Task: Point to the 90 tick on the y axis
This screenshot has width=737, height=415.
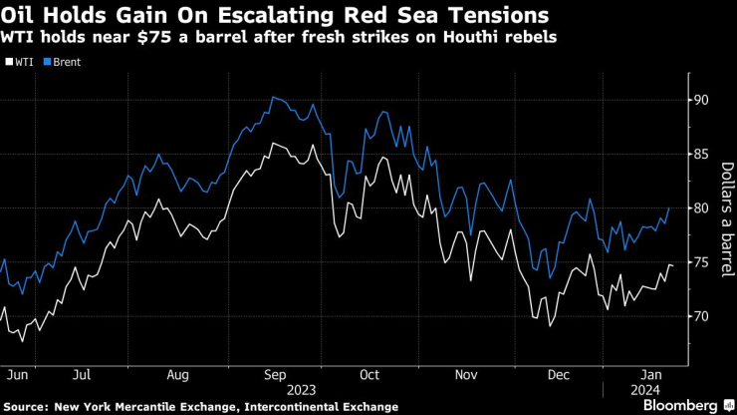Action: (x=701, y=100)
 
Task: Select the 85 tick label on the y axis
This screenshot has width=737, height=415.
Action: (x=701, y=154)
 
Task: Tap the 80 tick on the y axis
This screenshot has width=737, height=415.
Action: (x=701, y=207)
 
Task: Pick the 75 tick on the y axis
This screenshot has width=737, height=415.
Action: (x=701, y=262)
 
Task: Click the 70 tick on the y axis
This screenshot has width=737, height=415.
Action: (x=701, y=316)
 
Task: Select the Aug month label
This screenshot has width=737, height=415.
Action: (x=177, y=376)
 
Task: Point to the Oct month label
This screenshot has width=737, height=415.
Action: (x=368, y=376)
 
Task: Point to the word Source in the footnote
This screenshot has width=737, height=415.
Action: (x=30, y=406)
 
